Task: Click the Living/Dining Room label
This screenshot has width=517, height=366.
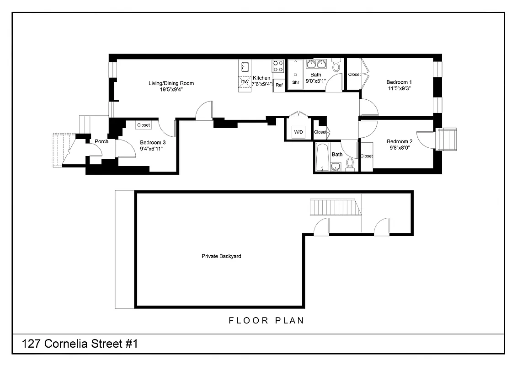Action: tap(171, 83)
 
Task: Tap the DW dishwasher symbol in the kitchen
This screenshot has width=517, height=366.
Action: tap(245, 82)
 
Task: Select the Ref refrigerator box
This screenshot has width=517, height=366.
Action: tap(279, 85)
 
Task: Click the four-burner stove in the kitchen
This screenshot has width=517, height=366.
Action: tap(278, 66)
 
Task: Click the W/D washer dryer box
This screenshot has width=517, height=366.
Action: tap(298, 132)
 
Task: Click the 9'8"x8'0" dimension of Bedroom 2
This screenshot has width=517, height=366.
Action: tap(399, 148)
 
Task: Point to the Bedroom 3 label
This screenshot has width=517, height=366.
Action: tap(153, 142)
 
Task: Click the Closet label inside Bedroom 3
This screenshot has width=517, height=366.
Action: tap(144, 125)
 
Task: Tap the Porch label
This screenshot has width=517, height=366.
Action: tap(101, 141)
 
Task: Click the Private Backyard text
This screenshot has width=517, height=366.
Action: tap(221, 256)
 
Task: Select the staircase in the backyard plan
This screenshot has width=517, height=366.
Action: tap(336, 207)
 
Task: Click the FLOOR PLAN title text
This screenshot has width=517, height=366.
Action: tap(266, 321)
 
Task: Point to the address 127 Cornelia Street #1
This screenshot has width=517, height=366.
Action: tap(80, 344)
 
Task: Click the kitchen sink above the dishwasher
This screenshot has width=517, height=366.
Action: tap(244, 67)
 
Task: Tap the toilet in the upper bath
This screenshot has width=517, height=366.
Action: tap(336, 66)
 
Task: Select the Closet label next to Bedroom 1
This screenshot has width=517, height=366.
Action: tap(354, 75)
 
